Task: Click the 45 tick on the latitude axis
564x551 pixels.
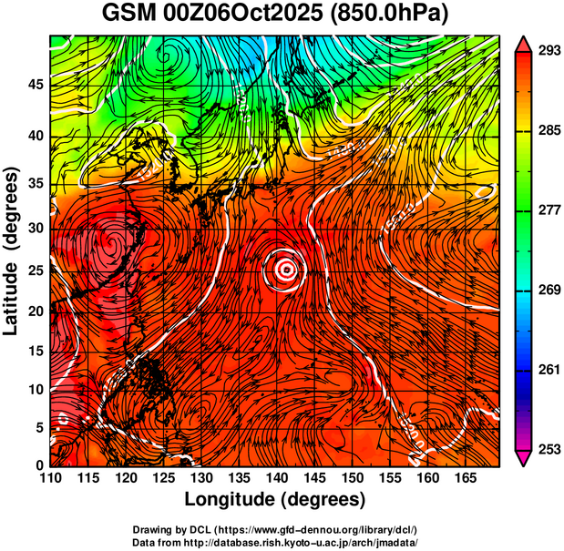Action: point(36,85)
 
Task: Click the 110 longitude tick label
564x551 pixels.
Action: point(51,476)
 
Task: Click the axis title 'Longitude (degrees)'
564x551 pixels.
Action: point(275,499)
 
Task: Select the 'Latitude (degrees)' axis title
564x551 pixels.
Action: point(14,250)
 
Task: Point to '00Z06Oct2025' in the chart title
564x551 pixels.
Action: point(253,15)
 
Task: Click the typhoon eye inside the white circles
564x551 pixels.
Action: point(287,269)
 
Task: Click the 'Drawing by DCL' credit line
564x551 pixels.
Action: point(274,530)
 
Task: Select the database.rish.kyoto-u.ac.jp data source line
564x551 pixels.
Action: point(274,542)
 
